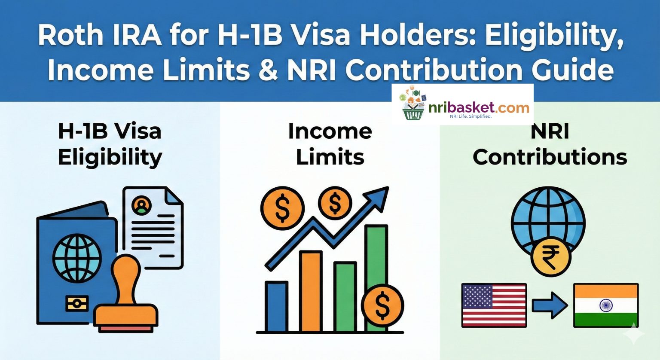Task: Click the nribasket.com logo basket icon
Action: pos(412,106)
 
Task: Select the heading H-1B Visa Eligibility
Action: pos(110,144)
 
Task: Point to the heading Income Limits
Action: pos(330,144)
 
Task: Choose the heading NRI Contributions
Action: pos(550,144)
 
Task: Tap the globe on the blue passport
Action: pos(77,258)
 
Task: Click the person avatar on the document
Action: pos(141,205)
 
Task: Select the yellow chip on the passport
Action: pos(77,303)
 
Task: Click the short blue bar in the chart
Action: pos(276,306)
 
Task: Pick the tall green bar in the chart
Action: pos(376,258)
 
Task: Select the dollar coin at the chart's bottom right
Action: pos(382,305)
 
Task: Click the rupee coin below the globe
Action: pos(551,257)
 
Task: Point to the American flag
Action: pos(494,305)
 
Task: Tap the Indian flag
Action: pos(606,305)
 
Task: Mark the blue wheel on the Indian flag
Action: pos(606,305)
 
